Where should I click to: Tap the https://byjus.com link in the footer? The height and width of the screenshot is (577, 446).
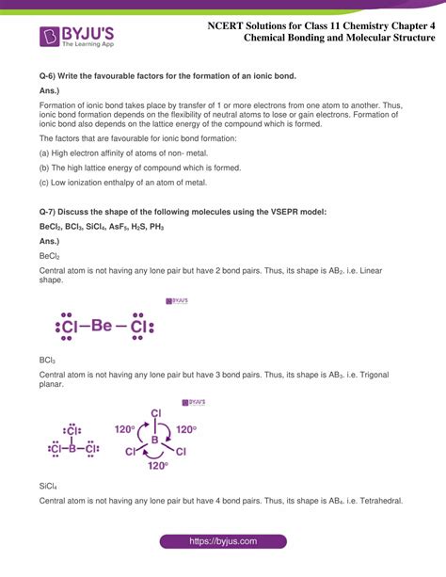[222, 543]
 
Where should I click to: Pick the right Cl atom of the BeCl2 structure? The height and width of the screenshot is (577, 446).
[139, 328]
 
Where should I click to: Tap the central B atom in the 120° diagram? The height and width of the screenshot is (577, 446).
[156, 439]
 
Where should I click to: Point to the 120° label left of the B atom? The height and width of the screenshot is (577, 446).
[125, 428]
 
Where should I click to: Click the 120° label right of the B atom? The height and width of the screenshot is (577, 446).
[186, 428]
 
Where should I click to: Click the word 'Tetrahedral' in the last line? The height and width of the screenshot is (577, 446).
[376, 500]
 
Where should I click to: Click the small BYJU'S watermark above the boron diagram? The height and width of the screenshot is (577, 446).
[196, 403]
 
